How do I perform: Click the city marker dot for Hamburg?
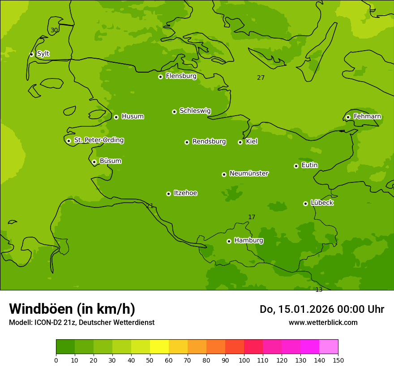(x=229, y=241)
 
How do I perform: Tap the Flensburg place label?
(x=181, y=76)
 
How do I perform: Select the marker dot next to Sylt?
(x=31, y=54)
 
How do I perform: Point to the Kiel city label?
(x=251, y=142)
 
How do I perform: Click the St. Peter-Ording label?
(x=98, y=140)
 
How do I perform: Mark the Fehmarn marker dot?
(x=348, y=117)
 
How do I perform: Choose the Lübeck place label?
(x=322, y=203)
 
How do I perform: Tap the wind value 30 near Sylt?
(x=54, y=30)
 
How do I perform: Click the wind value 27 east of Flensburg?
(x=261, y=78)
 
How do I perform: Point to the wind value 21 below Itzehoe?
(x=150, y=206)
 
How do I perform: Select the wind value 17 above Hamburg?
(x=252, y=217)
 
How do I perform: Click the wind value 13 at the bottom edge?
(x=319, y=290)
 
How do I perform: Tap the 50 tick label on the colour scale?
(x=150, y=360)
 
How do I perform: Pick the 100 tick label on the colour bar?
(x=244, y=360)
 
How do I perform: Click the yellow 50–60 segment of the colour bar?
(x=159, y=347)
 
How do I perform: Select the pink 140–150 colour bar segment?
(x=329, y=347)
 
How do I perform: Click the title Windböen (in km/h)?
(x=72, y=309)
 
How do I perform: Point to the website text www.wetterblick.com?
(x=323, y=323)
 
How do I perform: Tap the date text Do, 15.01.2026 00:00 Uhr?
(x=321, y=309)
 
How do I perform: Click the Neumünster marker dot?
(x=224, y=174)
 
